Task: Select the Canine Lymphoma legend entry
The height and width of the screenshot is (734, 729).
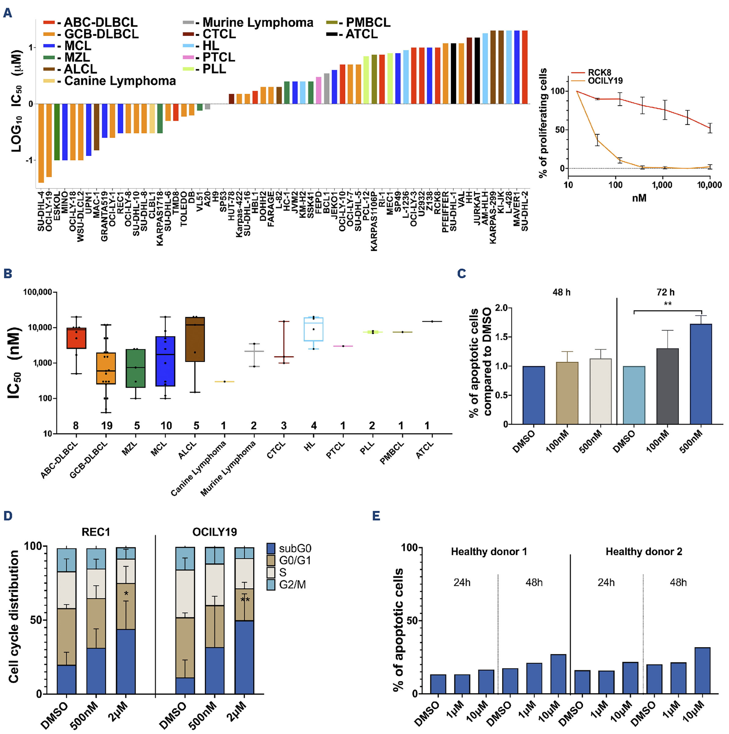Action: point(110,81)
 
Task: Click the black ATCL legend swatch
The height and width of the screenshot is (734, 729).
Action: point(332,34)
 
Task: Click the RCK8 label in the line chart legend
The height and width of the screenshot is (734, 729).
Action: point(599,73)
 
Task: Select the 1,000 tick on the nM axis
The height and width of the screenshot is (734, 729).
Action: point(662,185)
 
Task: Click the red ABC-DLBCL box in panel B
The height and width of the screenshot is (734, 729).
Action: point(76,338)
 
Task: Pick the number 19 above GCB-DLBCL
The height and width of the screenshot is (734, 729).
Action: point(107,426)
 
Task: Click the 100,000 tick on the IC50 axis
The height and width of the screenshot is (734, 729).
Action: point(38,292)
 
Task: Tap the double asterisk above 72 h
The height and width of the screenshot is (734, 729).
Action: point(667,304)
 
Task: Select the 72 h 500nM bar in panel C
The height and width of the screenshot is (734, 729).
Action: point(701,374)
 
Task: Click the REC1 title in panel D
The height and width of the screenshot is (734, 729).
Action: point(96,532)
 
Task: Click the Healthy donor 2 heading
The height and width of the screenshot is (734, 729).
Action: point(644,551)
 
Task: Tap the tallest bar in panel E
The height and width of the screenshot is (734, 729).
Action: point(702,671)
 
